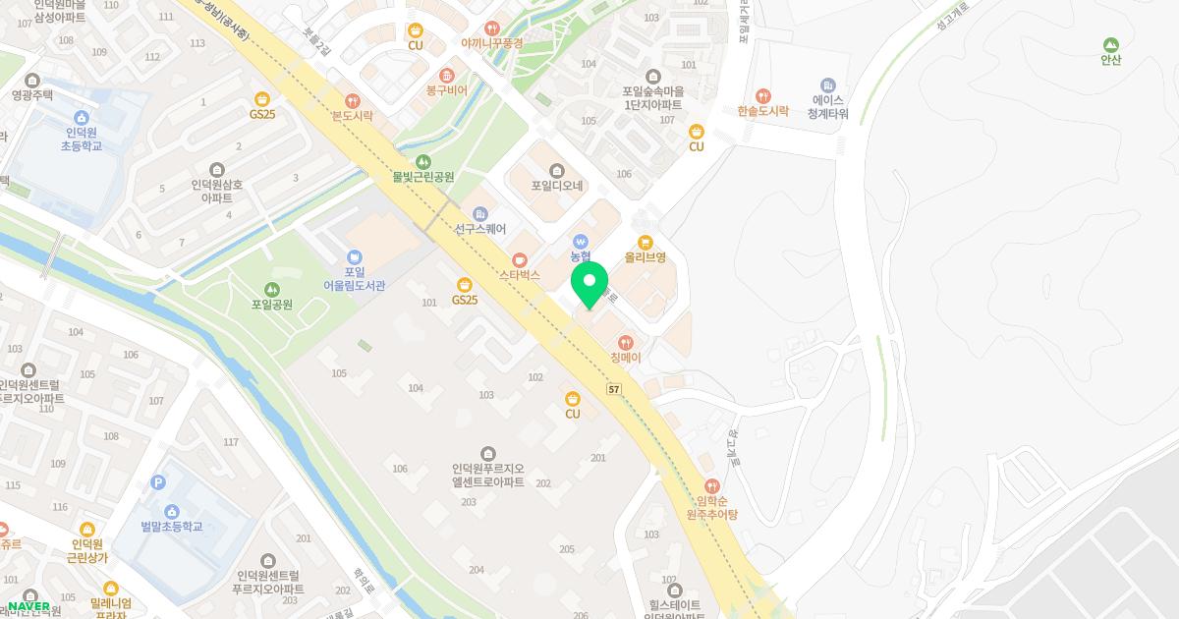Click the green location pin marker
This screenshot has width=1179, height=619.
589,284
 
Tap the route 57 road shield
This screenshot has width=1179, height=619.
614,390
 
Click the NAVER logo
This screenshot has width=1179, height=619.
28,606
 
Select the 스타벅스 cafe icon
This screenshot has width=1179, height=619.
521,260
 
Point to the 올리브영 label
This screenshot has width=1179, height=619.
646,257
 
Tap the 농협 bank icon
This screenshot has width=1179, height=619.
581,240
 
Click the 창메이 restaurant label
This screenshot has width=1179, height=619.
625,358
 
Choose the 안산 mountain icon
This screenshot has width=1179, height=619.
1111,44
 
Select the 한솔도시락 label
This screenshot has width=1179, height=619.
763,111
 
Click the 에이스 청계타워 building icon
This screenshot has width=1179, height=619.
828,85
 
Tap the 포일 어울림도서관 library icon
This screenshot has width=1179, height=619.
355,257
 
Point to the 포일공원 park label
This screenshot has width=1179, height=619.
272,305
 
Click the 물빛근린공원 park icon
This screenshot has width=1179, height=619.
423,161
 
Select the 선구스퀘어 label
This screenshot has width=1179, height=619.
479,229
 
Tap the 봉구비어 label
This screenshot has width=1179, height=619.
446,89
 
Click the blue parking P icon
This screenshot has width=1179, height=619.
158,482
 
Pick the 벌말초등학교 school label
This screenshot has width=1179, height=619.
171,527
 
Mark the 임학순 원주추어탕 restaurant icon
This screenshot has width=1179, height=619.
712,485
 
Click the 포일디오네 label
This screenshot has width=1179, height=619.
557,185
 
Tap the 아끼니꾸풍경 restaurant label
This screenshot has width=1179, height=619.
492,43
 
